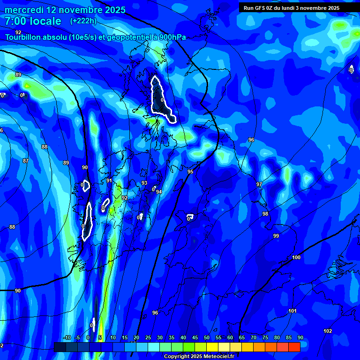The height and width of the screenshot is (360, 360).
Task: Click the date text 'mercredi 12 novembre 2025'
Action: click(x=65, y=10)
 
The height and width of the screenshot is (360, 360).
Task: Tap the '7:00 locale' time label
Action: click(x=33, y=21)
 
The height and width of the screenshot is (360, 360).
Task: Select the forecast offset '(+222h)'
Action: click(x=83, y=21)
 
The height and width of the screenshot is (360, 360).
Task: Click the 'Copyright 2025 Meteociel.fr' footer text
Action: click(x=199, y=356)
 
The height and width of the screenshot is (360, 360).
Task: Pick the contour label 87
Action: click(x=26, y=161)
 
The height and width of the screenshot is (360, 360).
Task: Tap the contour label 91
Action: click(x=109, y=180)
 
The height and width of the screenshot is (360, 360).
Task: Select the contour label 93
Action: click(x=144, y=183)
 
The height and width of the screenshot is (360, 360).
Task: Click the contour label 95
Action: click(x=190, y=172)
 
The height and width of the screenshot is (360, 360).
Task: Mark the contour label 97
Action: click(x=259, y=184)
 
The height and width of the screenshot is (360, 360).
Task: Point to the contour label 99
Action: click(x=276, y=236)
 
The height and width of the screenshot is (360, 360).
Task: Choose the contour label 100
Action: click(x=296, y=258)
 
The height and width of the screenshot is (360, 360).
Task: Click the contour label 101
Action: click(x=292, y=311)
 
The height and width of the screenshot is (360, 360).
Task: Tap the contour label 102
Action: click(x=328, y=331)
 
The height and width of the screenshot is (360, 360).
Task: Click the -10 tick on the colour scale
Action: click(x=67, y=337)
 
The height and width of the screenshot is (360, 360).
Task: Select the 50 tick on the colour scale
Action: click(x=207, y=337)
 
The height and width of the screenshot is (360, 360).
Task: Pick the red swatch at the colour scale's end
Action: click(x=294, y=347)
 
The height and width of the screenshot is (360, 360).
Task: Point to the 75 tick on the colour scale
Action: click(x=265, y=337)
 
